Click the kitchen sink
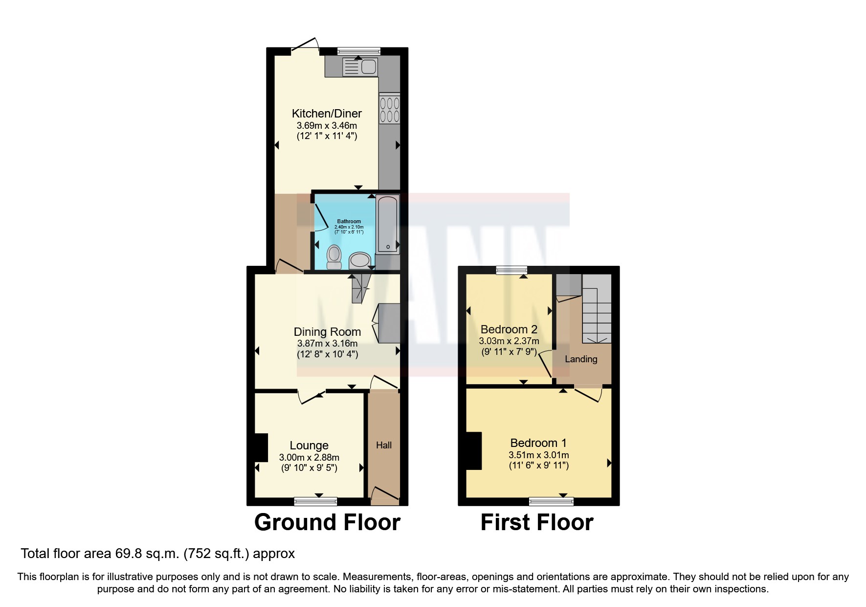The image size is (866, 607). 360,67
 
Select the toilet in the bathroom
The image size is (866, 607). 334,257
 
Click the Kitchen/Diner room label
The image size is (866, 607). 327,114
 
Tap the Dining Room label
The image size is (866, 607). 327,332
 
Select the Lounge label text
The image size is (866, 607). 309,445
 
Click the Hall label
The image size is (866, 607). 384,445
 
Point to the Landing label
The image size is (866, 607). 581,359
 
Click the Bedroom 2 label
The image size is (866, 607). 509,329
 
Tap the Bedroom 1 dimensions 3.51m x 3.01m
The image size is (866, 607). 538,455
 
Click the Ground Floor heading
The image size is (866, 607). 327,522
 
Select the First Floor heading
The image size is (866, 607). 537,522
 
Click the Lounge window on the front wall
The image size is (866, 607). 315,501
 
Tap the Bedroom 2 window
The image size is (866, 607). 511,270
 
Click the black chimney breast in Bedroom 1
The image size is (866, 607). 473,451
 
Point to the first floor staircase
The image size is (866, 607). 597,313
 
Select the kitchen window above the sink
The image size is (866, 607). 359,50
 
